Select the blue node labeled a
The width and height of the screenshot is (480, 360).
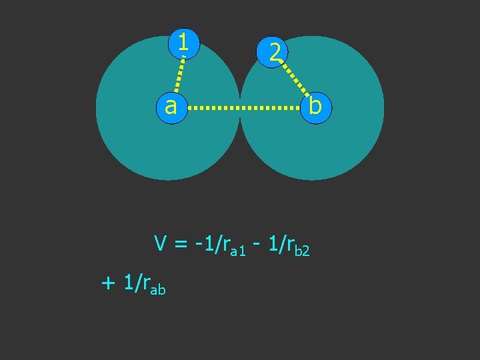point(171,106)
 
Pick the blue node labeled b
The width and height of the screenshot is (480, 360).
point(315,106)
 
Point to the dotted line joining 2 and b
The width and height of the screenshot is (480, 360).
point(294,78)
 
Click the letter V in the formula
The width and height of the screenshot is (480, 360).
point(160,243)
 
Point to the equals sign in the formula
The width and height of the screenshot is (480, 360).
point(180,245)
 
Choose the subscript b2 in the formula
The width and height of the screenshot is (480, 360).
point(302,251)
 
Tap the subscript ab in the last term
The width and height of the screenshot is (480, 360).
point(157,289)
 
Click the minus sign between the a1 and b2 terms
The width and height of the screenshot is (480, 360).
point(257,245)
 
